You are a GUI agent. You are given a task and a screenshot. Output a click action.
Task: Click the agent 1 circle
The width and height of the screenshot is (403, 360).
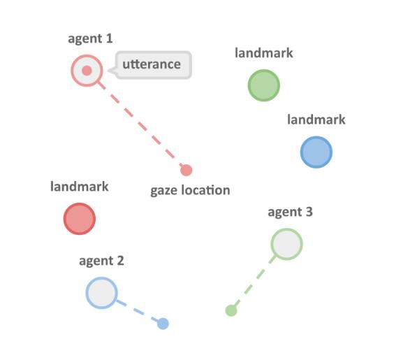(x=87, y=71)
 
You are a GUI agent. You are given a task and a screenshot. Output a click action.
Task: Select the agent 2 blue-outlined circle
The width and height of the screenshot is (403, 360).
(x=102, y=293)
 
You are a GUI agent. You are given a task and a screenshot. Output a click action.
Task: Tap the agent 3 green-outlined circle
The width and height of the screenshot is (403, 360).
(x=286, y=244)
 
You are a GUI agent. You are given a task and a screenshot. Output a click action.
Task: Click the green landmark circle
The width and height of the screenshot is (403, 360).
(x=264, y=85)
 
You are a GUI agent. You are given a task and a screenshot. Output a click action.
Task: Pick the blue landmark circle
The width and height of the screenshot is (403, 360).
(x=316, y=152)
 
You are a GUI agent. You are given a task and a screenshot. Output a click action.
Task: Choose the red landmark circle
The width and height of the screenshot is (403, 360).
(x=80, y=219)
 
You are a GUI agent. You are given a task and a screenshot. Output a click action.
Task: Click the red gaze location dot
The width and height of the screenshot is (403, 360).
(x=186, y=171)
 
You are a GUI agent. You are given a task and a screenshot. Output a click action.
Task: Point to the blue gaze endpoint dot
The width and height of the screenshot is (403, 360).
(x=163, y=324)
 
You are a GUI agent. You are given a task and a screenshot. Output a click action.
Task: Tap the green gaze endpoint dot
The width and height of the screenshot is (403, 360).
(x=231, y=310)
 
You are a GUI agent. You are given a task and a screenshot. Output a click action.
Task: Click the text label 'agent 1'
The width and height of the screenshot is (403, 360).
(x=90, y=39)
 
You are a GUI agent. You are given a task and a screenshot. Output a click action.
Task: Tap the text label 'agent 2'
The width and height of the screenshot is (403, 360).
(x=101, y=261)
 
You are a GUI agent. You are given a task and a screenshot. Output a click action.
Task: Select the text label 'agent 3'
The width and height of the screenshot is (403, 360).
(x=291, y=213)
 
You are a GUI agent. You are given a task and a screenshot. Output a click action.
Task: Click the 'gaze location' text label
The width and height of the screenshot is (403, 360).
(x=190, y=191)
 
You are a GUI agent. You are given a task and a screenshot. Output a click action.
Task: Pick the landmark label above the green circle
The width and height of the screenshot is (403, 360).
(x=264, y=53)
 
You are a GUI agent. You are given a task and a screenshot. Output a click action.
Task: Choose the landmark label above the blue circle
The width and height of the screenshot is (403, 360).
(x=316, y=120)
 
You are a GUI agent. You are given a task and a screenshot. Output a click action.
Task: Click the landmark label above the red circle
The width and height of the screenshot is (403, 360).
(x=80, y=187)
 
